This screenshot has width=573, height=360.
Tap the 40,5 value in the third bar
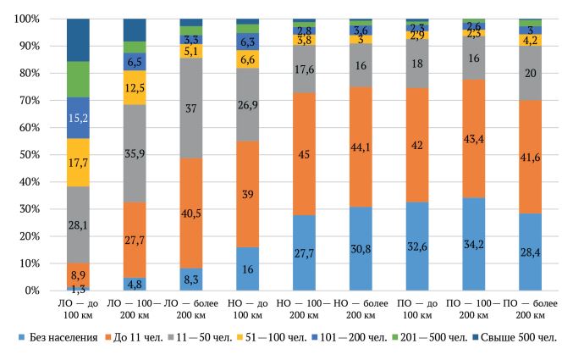coord(191,214)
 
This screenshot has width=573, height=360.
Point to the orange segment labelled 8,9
coord(78,275)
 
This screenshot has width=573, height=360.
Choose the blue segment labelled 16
coord(248,269)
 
